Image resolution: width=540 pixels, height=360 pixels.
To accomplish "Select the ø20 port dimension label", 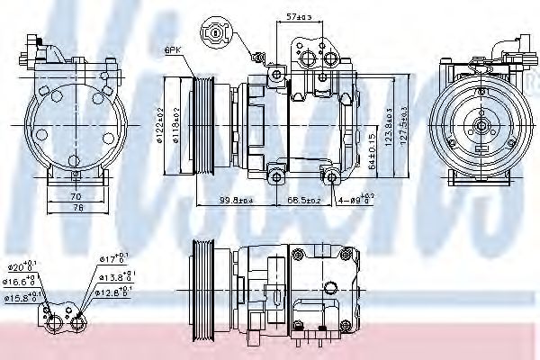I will point(20,267).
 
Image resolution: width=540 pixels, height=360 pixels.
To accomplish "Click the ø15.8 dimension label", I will point(20,296).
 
